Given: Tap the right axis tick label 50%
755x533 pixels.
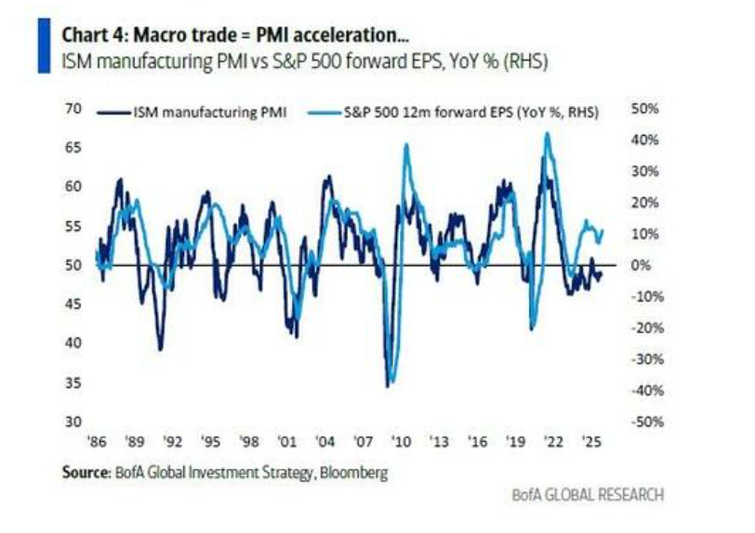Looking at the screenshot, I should [x=645, y=109].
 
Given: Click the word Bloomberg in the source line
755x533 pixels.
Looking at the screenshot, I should [x=353, y=473].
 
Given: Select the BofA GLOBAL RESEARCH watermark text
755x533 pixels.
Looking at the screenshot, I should [x=589, y=496].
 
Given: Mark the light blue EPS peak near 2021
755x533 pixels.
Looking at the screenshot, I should [x=547, y=133].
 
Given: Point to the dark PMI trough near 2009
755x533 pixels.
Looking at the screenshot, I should [x=388, y=384].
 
